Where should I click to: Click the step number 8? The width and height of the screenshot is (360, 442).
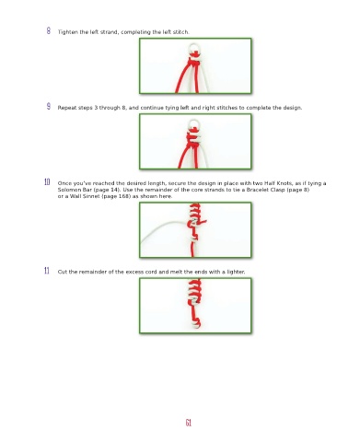click(x=49, y=30)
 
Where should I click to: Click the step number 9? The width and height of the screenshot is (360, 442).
click(x=49, y=107)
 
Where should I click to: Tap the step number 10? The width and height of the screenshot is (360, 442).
click(x=47, y=182)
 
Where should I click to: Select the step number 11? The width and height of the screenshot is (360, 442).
click(x=47, y=271)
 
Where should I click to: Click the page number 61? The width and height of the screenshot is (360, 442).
click(x=189, y=423)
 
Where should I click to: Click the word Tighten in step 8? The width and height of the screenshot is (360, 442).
click(x=68, y=32)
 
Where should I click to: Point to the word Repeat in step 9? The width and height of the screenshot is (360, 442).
click(x=67, y=108)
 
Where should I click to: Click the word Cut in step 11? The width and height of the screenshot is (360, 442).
click(x=63, y=272)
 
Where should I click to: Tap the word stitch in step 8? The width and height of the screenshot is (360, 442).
click(x=181, y=32)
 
